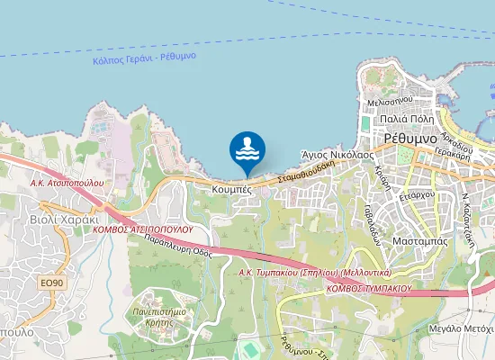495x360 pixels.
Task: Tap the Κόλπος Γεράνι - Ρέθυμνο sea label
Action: coord(144,59)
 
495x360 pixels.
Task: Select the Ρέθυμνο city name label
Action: coord(410,139)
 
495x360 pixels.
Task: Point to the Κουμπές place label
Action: coord(231,190)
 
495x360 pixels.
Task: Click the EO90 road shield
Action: coord(52,283)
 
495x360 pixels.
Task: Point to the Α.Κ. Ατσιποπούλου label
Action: coord(67,182)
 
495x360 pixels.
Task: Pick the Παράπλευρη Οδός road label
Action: coord(177,248)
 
